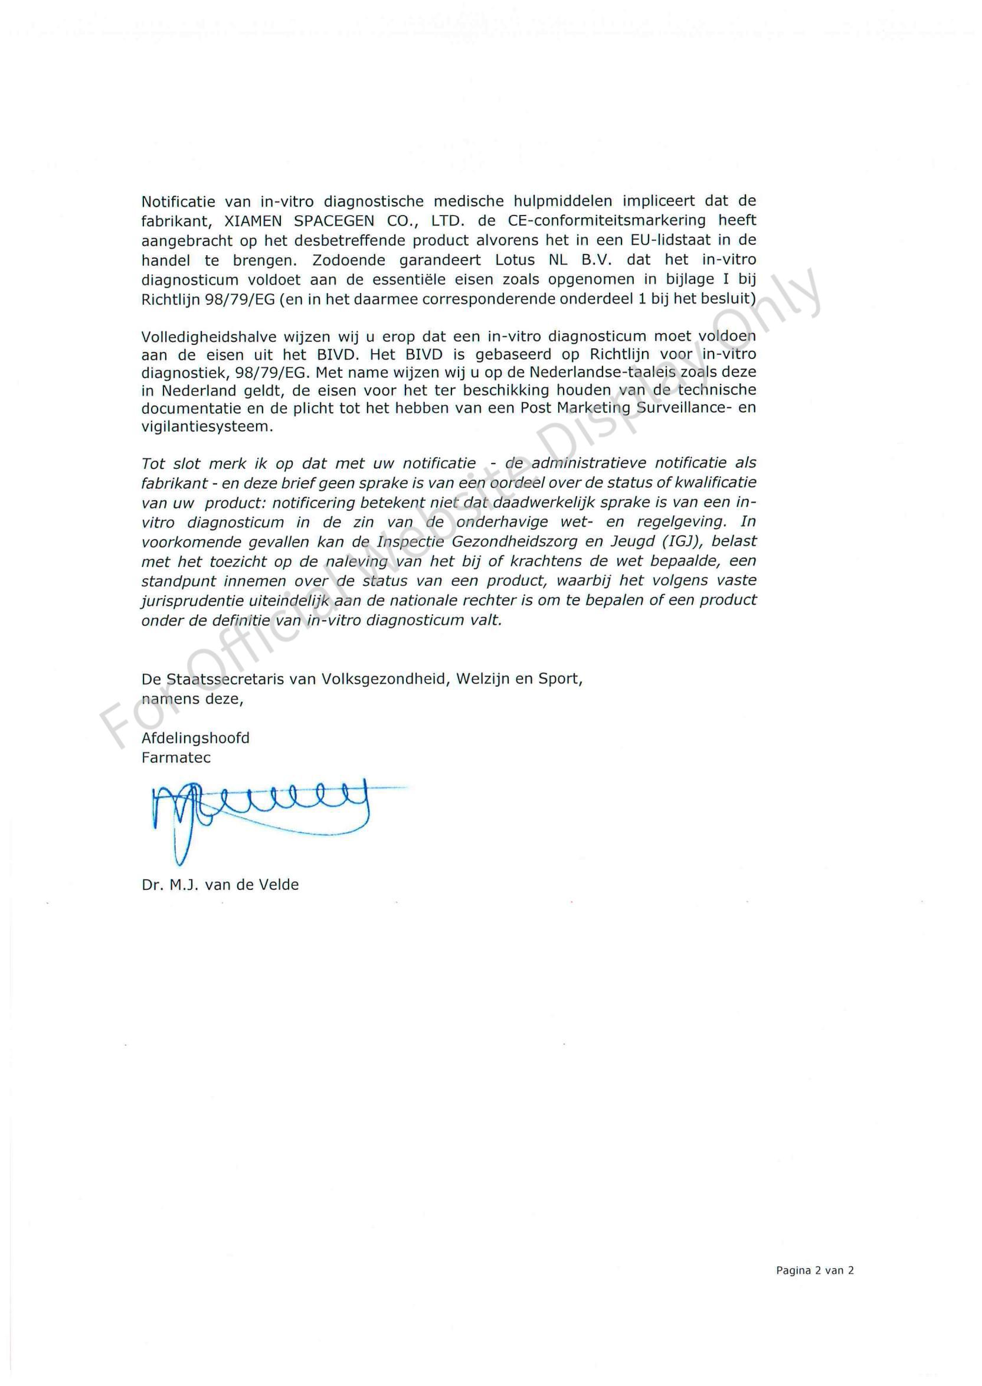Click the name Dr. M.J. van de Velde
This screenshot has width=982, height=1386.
[220, 885]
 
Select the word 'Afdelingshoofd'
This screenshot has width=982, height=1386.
[195, 738]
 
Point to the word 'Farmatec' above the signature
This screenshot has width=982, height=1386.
[176, 758]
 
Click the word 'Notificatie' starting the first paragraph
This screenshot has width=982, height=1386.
[178, 201]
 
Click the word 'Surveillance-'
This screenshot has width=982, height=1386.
[680, 407]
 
